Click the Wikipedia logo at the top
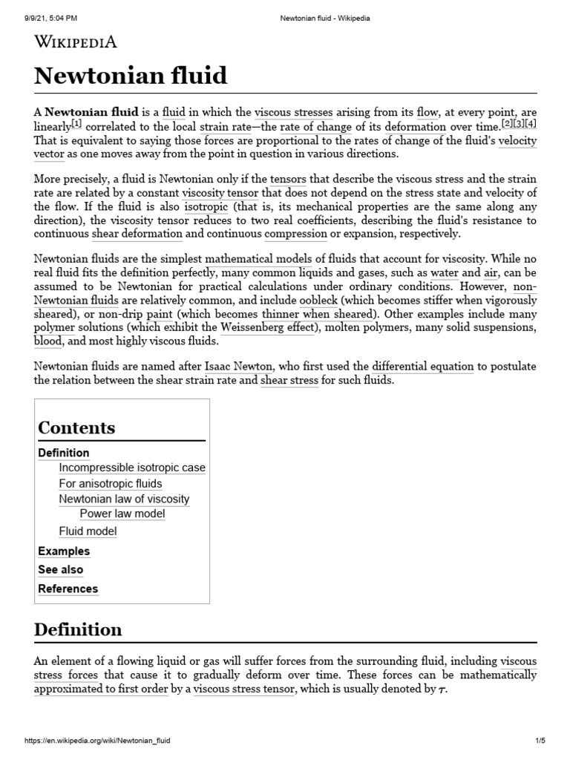coord(75,42)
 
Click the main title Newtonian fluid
coord(131,76)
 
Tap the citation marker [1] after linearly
coord(76,125)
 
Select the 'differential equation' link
coord(422,367)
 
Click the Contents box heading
coord(76,427)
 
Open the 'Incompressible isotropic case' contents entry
coord(132,468)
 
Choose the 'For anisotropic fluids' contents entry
coord(110,484)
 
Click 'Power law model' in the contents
coord(122,514)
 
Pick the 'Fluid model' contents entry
coord(88,531)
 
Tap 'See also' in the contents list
coord(60,570)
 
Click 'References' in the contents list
coord(68,589)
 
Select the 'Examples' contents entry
coord(64,551)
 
